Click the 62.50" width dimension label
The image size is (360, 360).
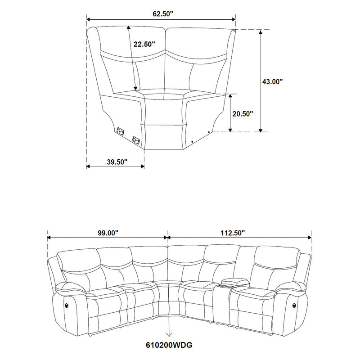[x=162, y=13]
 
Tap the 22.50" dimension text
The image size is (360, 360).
[x=144, y=44]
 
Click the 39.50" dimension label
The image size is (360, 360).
[x=117, y=161]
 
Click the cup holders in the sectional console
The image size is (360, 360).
[x=225, y=285]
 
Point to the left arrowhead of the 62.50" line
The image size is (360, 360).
[x=88, y=19]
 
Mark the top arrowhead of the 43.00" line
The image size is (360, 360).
[x=260, y=31]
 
